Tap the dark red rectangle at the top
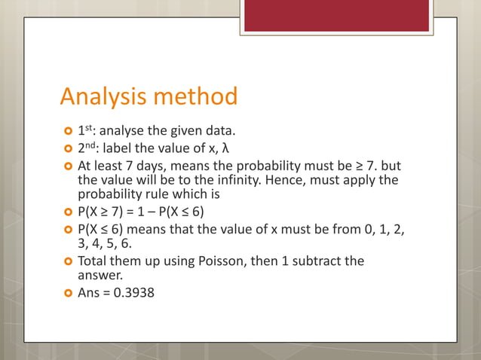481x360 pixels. pos(336,15)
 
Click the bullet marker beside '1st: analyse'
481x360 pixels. pos(67,129)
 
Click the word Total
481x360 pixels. pos(93,261)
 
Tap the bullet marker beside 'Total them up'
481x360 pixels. pos(67,261)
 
